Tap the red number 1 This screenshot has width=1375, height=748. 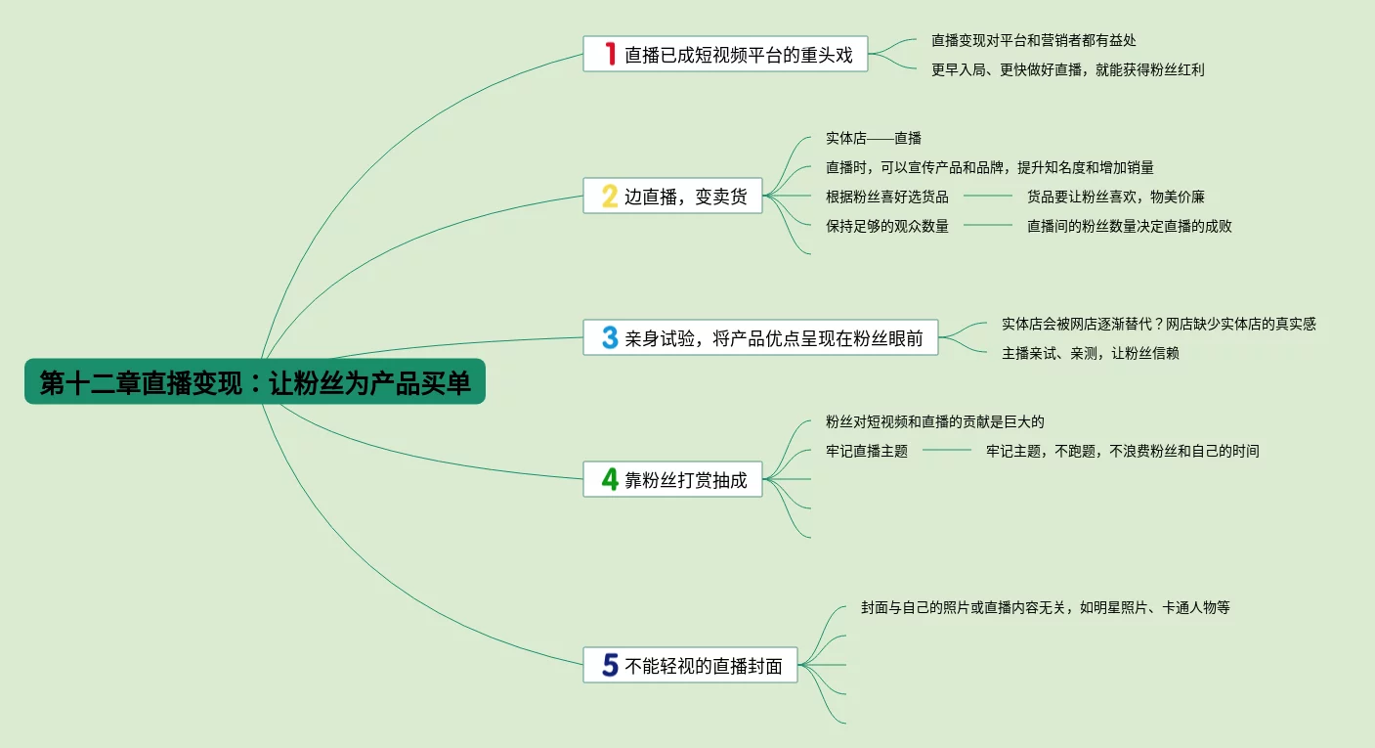coord(610,55)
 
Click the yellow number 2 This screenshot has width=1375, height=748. coord(610,196)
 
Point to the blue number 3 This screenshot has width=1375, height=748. coord(610,337)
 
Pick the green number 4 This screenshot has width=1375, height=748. coord(610,479)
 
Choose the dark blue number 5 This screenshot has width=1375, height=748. coord(610,665)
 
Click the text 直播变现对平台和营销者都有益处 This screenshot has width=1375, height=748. coord(1034,40)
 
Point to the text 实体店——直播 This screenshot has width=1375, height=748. coord(873,138)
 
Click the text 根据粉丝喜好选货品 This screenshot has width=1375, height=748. coord(886,197)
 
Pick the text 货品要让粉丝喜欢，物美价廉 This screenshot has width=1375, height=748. coord(1115,197)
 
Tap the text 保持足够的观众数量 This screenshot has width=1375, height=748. coord(886,226)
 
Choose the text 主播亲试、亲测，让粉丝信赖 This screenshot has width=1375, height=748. coord(1090,353)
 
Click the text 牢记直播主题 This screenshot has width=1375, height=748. coord(866,451)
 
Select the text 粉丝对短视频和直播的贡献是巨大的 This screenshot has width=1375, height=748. coord(934,421)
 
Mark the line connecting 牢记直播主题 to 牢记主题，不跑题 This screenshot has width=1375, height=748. coord(946,451)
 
